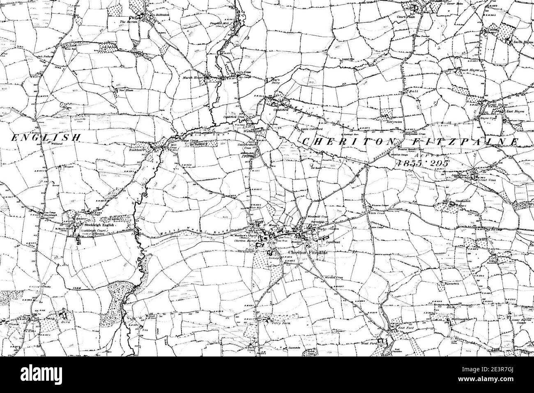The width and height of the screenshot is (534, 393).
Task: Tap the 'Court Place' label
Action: (406, 18)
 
